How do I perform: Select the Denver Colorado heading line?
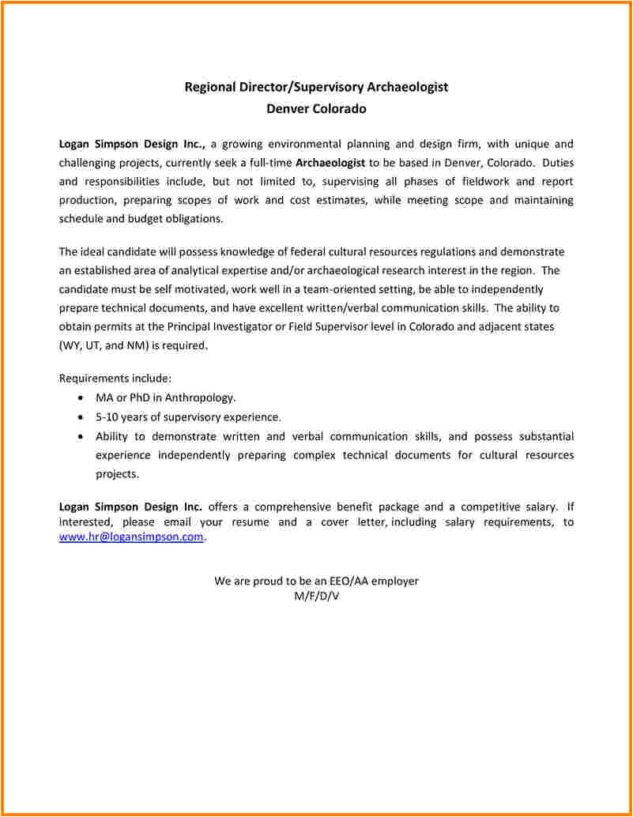tap(316, 108)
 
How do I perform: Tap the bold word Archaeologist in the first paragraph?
tap(330, 163)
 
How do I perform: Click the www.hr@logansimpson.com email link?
tap(131, 537)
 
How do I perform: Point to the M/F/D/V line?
tap(316, 596)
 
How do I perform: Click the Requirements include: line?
tap(115, 378)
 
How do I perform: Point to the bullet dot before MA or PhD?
tap(82, 398)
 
